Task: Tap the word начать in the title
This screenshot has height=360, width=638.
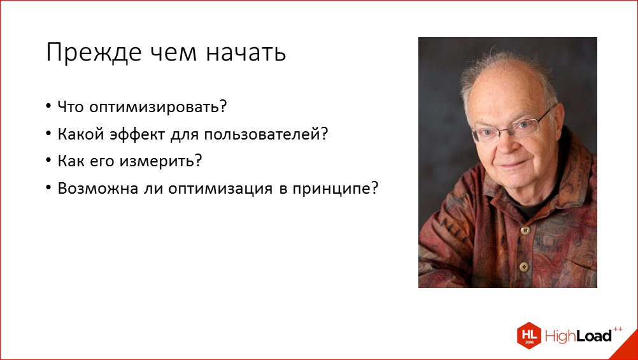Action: [x=245, y=53]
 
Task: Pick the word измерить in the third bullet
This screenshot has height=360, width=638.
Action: [x=167, y=162]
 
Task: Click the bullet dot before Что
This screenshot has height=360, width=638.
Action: [x=50, y=108]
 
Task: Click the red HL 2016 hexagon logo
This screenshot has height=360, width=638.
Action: [x=530, y=335]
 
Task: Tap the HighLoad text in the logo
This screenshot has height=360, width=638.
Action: [x=578, y=336]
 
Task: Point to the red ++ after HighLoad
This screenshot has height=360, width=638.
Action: [x=617, y=329]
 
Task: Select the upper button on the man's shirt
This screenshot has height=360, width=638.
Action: [x=526, y=230]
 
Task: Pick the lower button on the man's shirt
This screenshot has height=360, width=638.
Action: [x=524, y=267]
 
